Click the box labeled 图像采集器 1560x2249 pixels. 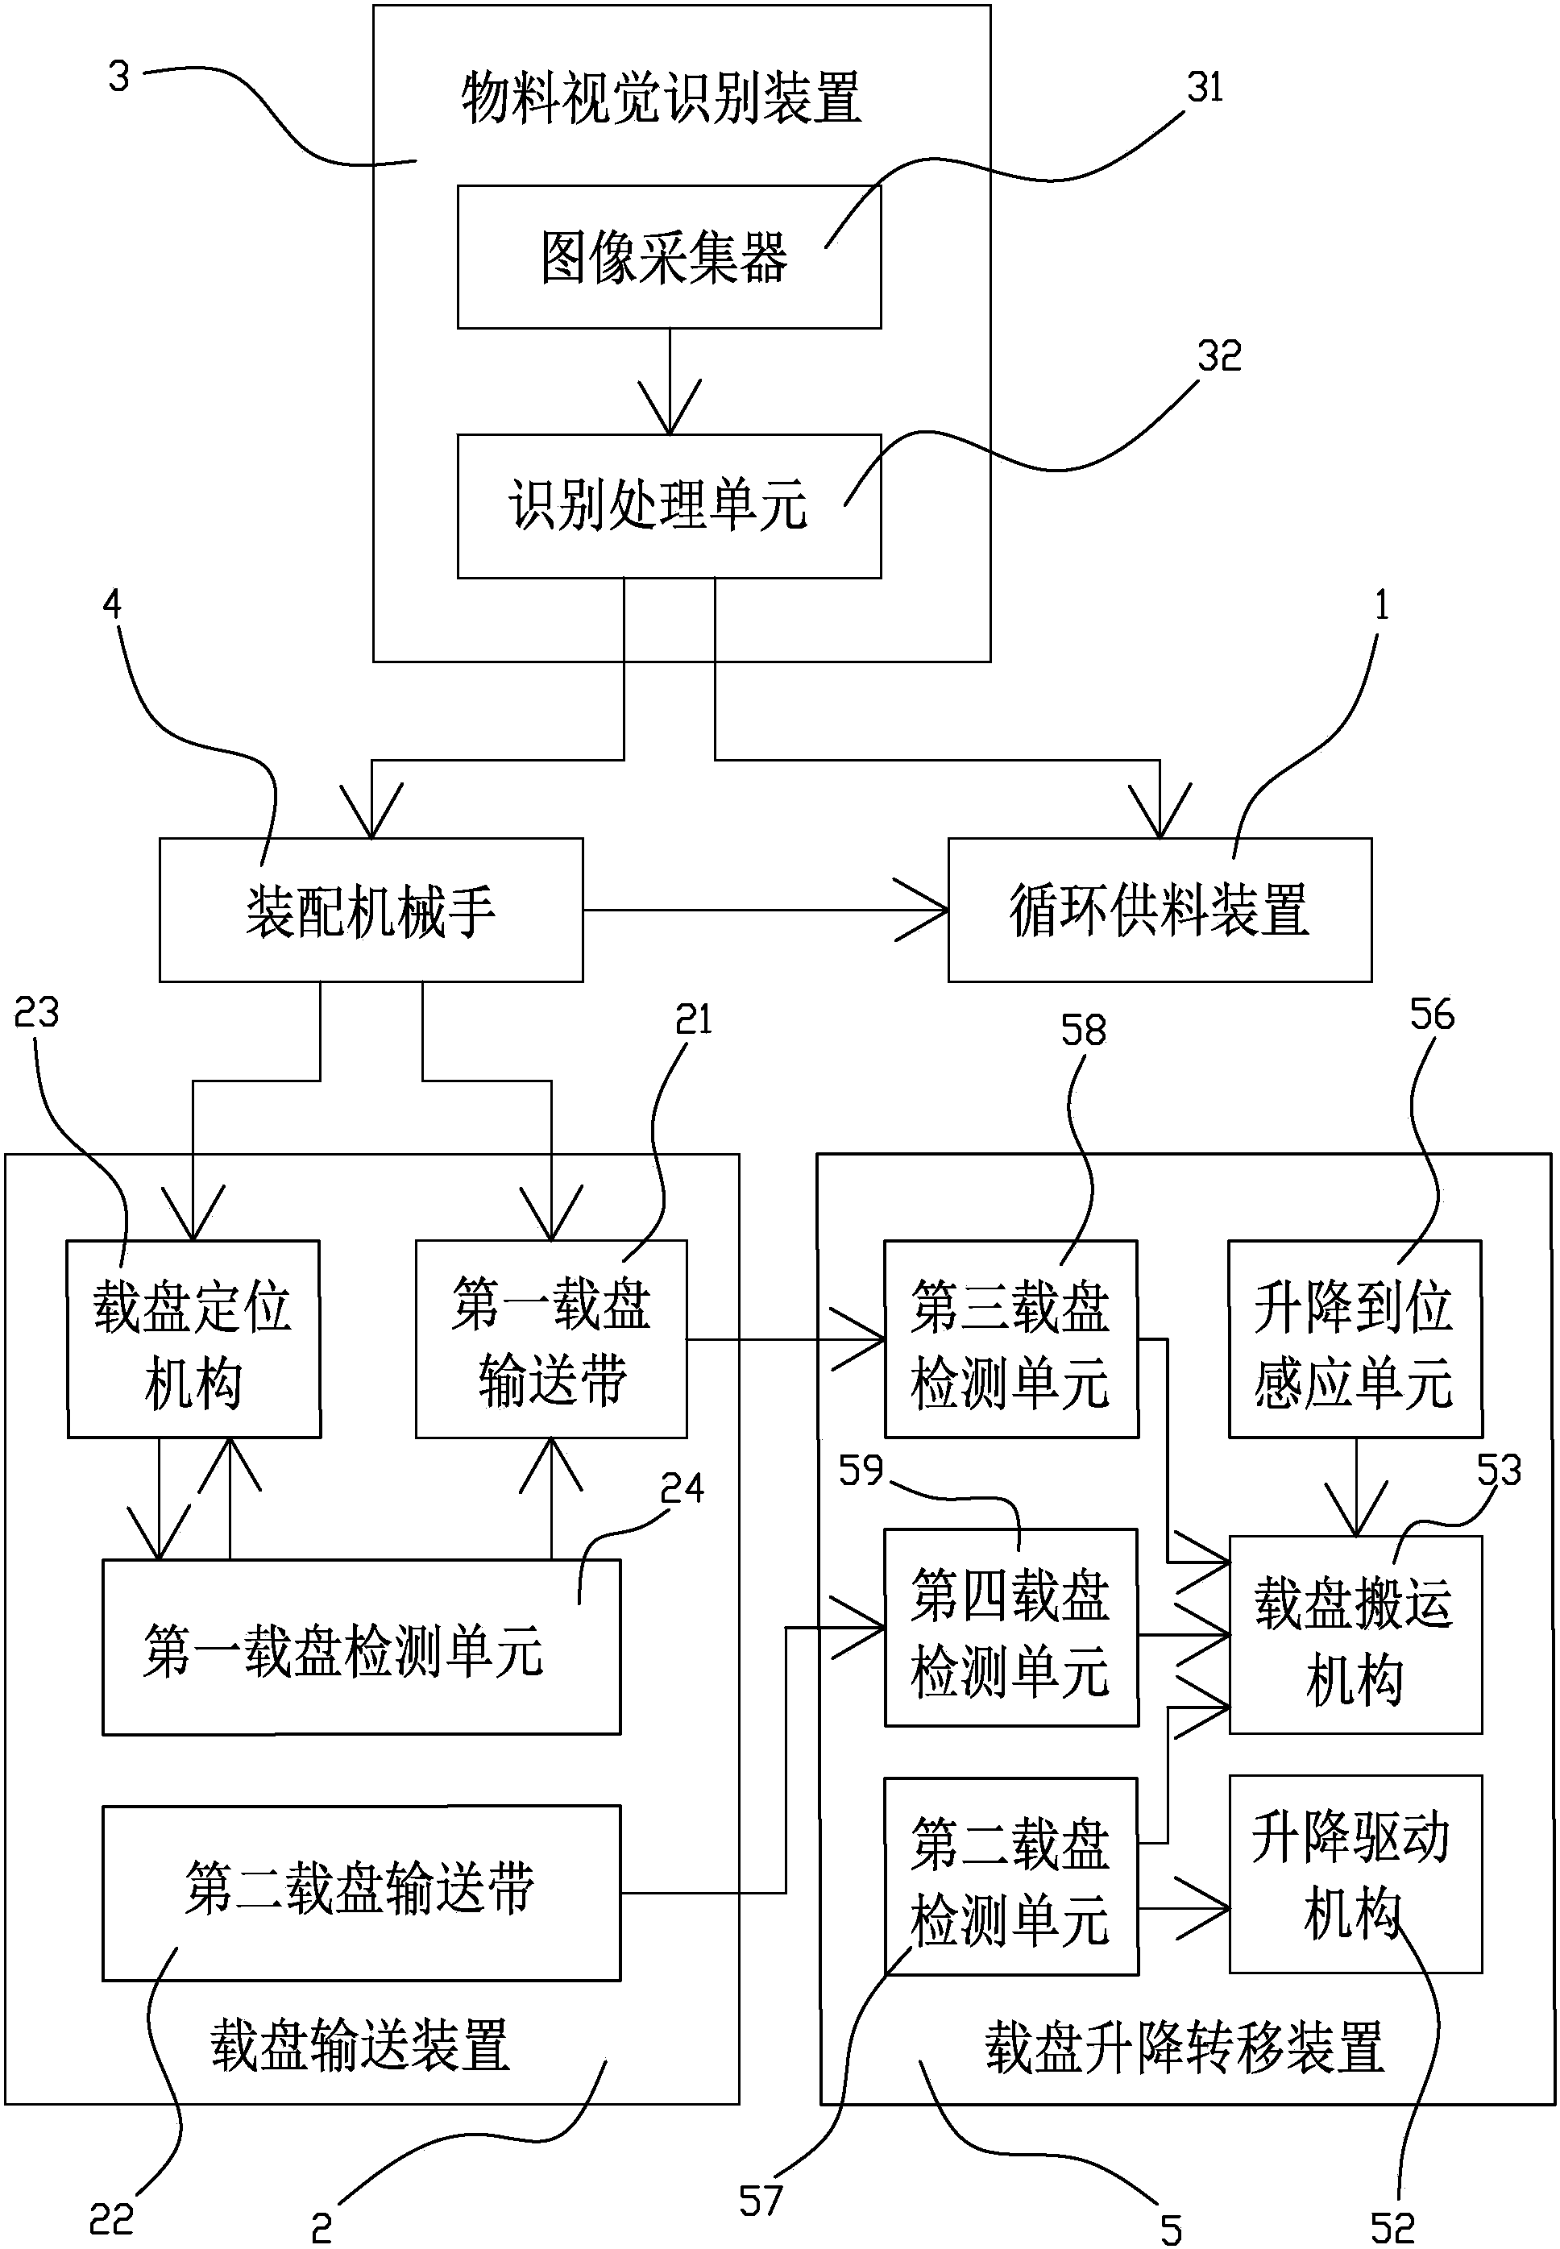coord(669,257)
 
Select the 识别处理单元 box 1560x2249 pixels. coord(669,505)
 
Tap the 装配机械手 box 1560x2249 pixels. coord(371,909)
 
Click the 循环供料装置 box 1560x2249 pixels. coord(1160,909)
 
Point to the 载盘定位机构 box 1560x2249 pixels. coord(193,1338)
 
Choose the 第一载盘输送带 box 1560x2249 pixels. coord(551,1338)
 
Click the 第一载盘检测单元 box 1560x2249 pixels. coord(361,1647)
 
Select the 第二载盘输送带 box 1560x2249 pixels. coord(361,1892)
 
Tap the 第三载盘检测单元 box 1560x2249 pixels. coord(1010,1338)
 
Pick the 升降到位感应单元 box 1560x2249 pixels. coord(1355,1338)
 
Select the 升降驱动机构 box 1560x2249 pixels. coord(1355,1873)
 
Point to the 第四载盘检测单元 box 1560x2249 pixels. coord(1010,1628)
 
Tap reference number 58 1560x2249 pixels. coord(1083,1030)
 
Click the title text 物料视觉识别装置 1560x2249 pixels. coord(661,99)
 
